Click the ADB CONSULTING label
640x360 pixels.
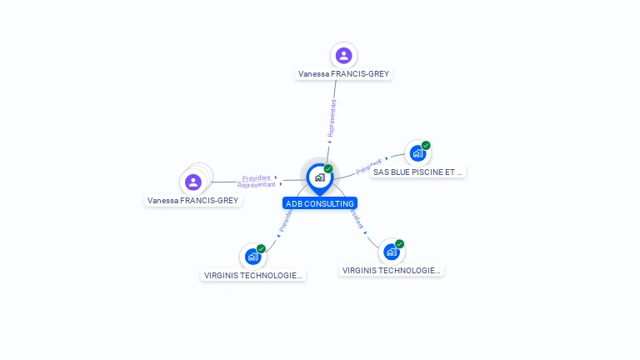(x=320, y=203)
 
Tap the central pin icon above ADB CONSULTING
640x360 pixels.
(x=319, y=177)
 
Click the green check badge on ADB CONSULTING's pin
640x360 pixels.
(x=328, y=169)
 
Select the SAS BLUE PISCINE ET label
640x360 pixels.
(x=417, y=172)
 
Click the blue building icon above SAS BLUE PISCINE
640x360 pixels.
(x=417, y=154)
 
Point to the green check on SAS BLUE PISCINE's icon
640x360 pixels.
(x=426, y=146)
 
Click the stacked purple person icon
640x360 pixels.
(x=194, y=182)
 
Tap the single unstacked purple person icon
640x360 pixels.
(x=343, y=56)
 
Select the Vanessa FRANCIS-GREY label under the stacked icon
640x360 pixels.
(x=193, y=201)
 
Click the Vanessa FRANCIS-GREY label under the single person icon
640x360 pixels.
(x=343, y=73)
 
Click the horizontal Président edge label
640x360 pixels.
(x=257, y=177)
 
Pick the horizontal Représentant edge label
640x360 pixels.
(x=257, y=185)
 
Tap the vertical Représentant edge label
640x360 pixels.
(x=332, y=119)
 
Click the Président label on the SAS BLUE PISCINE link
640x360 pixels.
(x=368, y=167)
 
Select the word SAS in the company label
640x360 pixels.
(x=382, y=172)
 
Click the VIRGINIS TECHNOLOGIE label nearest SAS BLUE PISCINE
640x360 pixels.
(x=392, y=270)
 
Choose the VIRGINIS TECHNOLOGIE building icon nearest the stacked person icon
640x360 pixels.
(x=252, y=257)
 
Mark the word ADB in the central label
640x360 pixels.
(x=293, y=203)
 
